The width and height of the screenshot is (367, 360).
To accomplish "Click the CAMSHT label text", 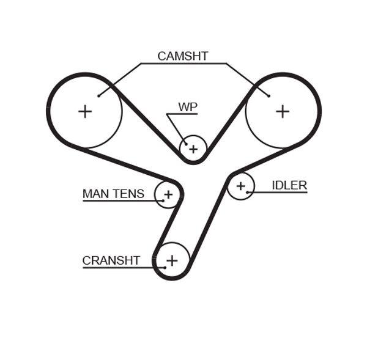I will coord(183,56).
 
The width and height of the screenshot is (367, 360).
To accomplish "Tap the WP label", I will coord(188,107).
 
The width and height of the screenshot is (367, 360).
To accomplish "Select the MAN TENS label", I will coord(113,194).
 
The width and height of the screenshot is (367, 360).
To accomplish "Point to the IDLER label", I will coord(289,185).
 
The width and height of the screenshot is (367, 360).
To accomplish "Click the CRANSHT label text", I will coord(111,261).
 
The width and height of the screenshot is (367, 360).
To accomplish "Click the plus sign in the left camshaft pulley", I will coord(85,111).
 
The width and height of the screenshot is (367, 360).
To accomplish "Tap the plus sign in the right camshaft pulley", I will coord(282,111).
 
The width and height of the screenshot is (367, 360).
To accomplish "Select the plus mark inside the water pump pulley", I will coord(193,149).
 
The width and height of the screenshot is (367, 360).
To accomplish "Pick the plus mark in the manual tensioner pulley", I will coord(168,195).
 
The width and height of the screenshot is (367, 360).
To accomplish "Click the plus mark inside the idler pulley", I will coord(240,186).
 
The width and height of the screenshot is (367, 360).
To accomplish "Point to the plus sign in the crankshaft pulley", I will coord(172,260).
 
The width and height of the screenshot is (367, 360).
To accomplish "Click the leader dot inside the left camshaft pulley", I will coord(98,95).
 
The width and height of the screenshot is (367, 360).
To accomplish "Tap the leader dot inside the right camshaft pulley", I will coord(269,95).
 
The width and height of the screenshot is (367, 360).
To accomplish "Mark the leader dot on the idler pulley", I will coord(248,193).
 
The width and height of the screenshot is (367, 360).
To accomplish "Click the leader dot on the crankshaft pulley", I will coord(165,267).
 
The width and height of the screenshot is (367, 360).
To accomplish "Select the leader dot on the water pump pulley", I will coord(186,144).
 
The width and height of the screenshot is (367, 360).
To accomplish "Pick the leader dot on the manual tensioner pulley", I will coord(163,200).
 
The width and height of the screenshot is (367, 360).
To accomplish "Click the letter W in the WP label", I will coord(183,107).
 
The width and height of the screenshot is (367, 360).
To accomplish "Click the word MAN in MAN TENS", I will coord(95,194).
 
